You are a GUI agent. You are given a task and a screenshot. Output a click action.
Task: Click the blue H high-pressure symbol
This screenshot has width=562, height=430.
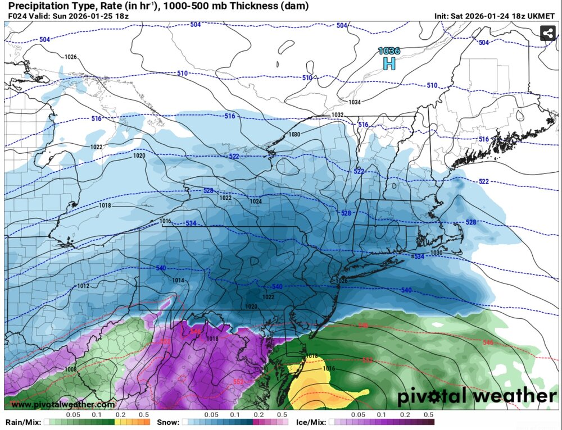coord(389,63)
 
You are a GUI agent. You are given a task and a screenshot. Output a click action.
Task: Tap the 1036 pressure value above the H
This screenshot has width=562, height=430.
coord(389,51)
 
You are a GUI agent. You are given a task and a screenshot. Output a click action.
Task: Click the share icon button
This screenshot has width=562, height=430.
coord(548,34)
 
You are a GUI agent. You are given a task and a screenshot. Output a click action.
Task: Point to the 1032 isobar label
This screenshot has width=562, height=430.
coord(337,115)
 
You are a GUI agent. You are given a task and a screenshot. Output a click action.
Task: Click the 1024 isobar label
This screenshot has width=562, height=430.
coord(256,201)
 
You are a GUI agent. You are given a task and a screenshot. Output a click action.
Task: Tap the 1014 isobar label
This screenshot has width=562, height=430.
coord(178,280)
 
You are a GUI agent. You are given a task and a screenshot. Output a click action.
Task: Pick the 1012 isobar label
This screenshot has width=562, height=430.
coord(83,286)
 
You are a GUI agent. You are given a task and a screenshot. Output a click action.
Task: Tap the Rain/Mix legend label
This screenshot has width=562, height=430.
coord(22,422)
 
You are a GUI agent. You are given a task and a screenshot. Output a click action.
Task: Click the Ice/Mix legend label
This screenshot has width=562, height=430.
coord(311,422)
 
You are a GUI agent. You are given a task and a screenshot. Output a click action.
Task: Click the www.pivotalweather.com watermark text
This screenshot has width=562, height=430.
coord(63,405)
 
